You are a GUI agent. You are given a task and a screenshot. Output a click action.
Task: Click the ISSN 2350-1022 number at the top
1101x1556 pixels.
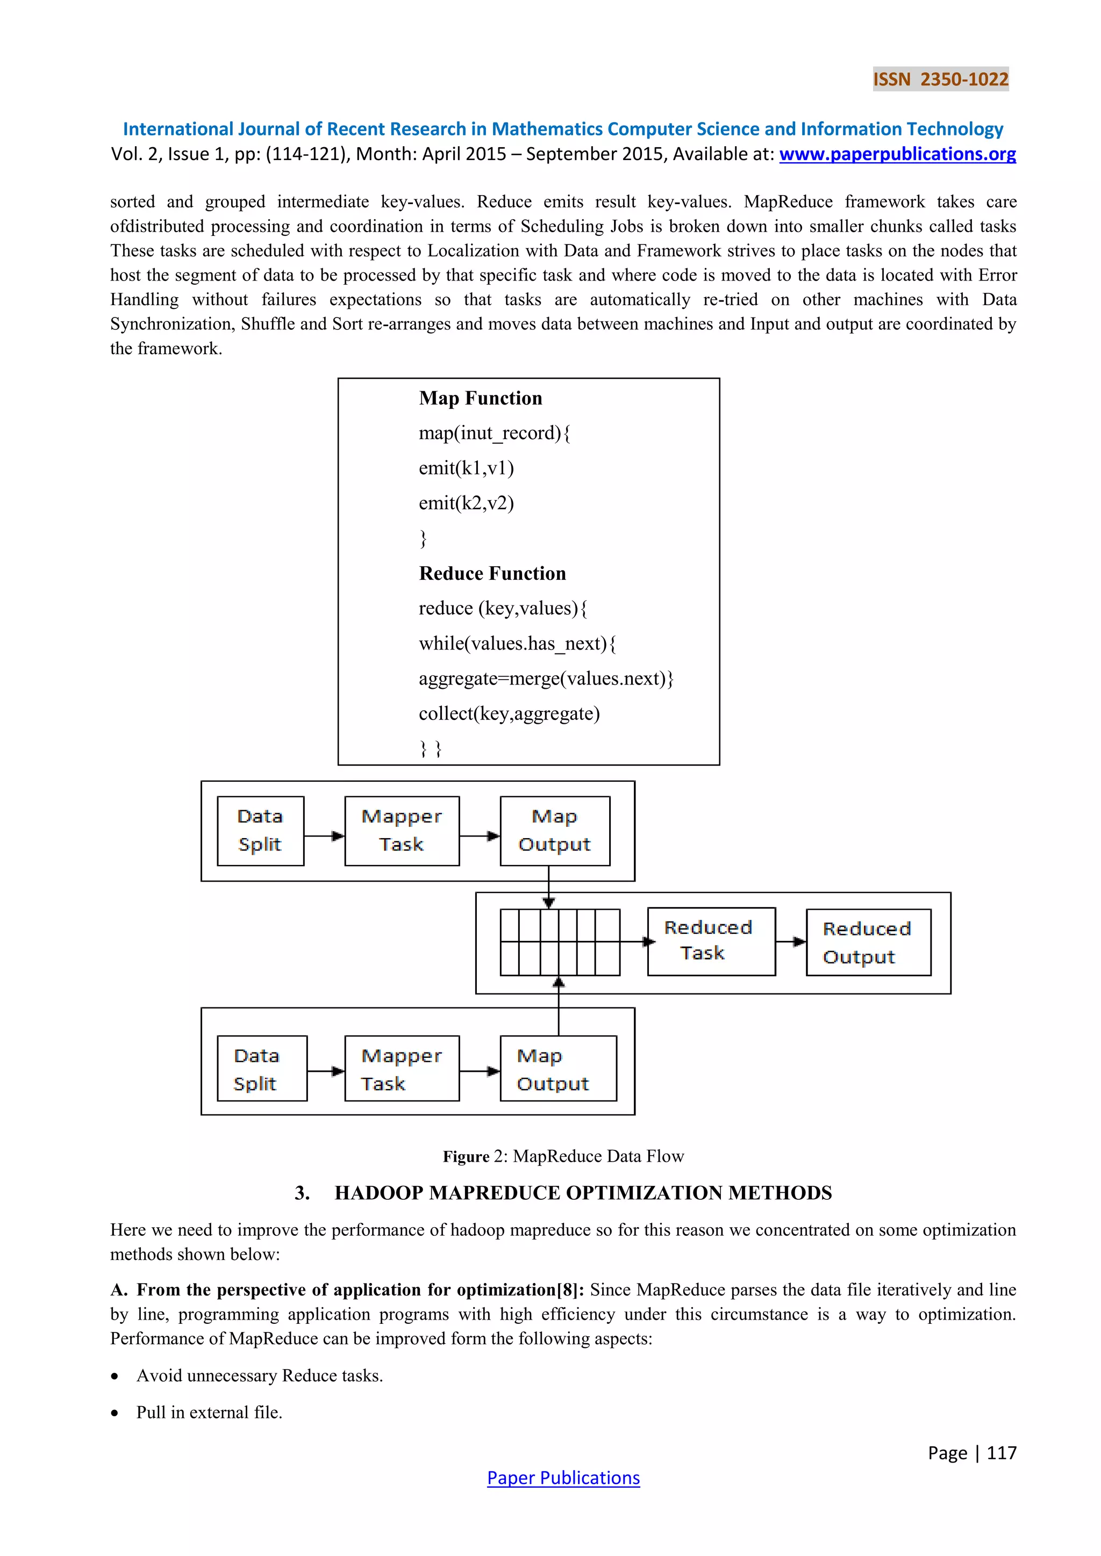point(940,80)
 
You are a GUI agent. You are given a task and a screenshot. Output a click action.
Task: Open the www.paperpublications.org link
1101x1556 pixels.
point(897,155)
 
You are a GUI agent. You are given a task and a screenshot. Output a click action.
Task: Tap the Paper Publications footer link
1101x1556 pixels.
point(563,1478)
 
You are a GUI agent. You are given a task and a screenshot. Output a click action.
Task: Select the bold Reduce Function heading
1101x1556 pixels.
point(492,573)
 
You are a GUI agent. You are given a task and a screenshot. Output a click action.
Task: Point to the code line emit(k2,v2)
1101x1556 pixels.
point(467,503)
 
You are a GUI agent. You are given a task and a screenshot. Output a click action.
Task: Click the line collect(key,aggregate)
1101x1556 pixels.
point(509,714)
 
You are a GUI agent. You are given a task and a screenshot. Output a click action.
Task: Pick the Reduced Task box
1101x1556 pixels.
point(711,941)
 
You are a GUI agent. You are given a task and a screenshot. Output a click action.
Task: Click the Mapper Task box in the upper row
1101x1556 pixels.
point(402,830)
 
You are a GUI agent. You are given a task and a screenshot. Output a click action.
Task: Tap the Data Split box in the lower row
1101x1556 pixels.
point(262,1069)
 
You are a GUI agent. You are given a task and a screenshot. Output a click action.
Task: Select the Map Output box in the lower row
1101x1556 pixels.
point(558,1069)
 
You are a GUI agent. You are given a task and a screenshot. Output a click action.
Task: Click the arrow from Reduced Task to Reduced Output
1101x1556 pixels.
point(790,941)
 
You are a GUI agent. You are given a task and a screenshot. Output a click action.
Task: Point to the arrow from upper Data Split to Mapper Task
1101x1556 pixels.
point(324,835)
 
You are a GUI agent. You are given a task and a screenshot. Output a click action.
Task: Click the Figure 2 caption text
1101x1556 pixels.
point(563,1156)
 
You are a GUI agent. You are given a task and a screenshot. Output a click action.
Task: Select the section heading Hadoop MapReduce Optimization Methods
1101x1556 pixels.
point(583,1193)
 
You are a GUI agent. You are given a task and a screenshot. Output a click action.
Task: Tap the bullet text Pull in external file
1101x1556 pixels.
point(210,1413)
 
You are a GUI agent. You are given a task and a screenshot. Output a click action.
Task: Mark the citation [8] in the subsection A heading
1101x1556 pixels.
point(569,1290)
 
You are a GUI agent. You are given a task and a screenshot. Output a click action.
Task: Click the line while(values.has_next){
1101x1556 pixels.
point(517,643)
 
